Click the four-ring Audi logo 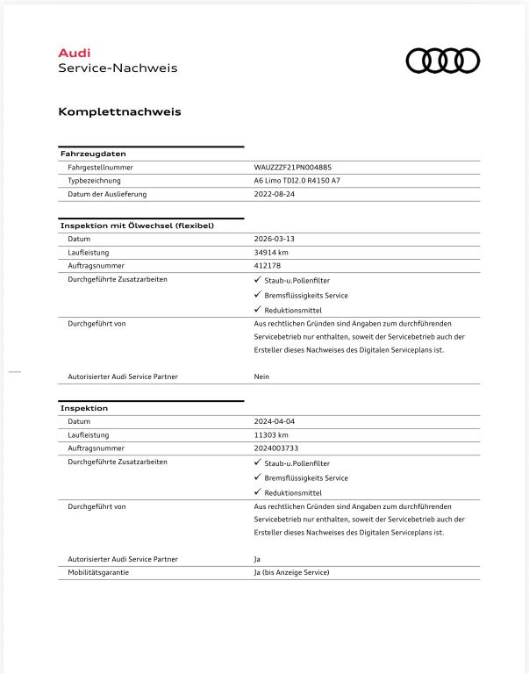443,61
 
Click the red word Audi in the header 74,53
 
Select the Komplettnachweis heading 119,111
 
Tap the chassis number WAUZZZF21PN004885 293,167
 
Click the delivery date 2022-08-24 275,194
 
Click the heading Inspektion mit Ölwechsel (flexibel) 137,226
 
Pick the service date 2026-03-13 275,239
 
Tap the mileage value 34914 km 271,252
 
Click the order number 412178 267,265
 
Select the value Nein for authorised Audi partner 261,376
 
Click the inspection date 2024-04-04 275,421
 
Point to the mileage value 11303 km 271,434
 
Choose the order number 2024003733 276,448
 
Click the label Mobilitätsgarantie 99,572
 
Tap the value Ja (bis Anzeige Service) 291,572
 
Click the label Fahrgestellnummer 100,167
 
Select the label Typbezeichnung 94,180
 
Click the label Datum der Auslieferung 107,194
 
